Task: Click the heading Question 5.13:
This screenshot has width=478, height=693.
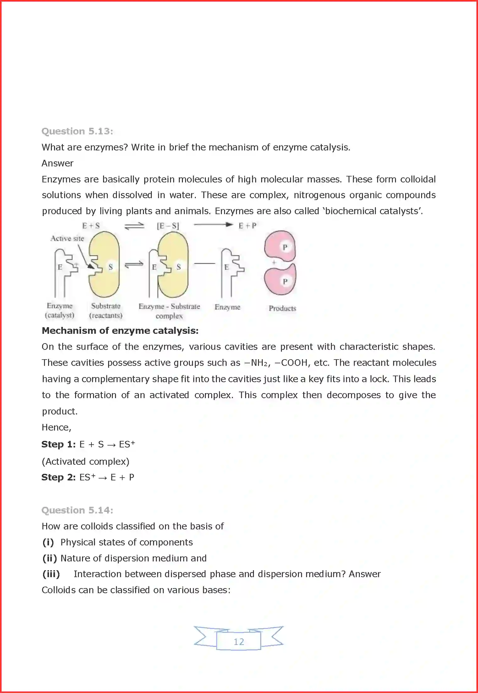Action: (x=77, y=131)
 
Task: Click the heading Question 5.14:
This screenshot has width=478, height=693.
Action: (x=77, y=510)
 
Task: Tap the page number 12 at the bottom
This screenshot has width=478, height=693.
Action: (x=239, y=642)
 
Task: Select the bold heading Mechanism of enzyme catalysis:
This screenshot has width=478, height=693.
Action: (x=120, y=331)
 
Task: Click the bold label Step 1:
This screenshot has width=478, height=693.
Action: (x=58, y=444)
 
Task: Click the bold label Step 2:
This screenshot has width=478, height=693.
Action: (x=58, y=477)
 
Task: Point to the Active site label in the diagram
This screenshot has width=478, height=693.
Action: (x=67, y=239)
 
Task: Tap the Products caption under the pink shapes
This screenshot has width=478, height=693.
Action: (x=282, y=308)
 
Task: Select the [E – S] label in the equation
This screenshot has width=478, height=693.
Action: (x=168, y=226)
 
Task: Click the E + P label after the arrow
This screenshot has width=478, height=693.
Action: (x=247, y=226)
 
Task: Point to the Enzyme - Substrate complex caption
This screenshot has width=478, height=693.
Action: (x=169, y=311)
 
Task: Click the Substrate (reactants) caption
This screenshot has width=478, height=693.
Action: (x=106, y=311)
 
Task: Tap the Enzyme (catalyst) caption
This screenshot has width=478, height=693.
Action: (x=59, y=311)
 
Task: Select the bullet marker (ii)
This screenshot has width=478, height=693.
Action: (x=50, y=558)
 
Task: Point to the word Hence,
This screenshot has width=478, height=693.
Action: (x=57, y=427)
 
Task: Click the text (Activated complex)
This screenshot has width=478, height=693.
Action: (x=85, y=462)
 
